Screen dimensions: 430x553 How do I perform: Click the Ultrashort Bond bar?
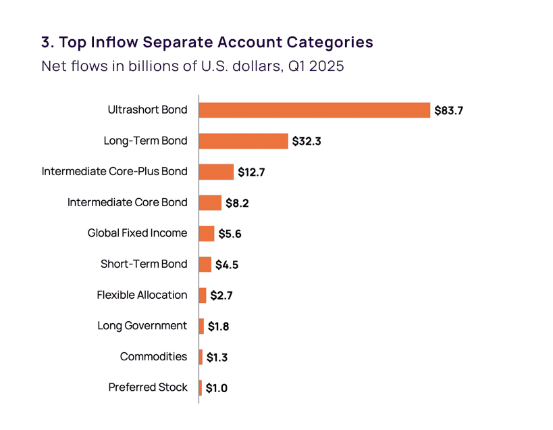click(x=315, y=110)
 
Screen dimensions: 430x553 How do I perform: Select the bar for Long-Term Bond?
click(x=244, y=141)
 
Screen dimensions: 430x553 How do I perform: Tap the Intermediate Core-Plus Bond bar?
click(x=216, y=172)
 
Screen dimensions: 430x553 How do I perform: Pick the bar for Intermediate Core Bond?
click(x=210, y=203)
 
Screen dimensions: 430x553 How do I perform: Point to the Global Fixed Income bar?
click(x=207, y=233)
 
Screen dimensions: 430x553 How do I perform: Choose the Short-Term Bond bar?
click(x=205, y=264)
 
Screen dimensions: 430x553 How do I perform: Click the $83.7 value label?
click(x=448, y=110)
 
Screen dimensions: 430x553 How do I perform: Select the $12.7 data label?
click(x=251, y=172)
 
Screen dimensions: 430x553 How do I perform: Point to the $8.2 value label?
click(x=237, y=204)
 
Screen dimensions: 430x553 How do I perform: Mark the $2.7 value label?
click(x=222, y=295)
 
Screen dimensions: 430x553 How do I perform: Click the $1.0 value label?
click(x=217, y=388)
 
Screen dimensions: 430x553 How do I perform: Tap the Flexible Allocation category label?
click(x=142, y=295)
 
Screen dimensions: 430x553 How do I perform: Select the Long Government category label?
click(x=142, y=326)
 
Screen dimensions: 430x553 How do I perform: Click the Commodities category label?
click(x=153, y=356)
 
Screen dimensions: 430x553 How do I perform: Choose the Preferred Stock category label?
click(x=148, y=387)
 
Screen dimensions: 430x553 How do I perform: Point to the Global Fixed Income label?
click(x=137, y=233)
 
